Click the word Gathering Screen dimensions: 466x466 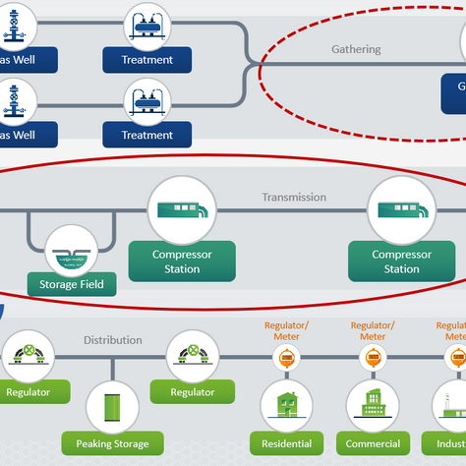click(356, 49)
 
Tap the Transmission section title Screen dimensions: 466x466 click(294, 197)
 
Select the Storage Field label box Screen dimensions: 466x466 click(72, 286)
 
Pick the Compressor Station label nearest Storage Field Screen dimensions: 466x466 click(182, 262)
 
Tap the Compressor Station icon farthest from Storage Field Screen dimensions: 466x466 click(401, 210)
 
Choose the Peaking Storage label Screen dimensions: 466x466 click(112, 444)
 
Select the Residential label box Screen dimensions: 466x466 click(285, 444)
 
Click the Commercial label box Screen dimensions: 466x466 click(373, 444)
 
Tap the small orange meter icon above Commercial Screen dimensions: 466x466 click(373, 360)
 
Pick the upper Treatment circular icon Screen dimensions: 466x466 click(147, 27)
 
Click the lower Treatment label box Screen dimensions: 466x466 click(147, 135)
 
